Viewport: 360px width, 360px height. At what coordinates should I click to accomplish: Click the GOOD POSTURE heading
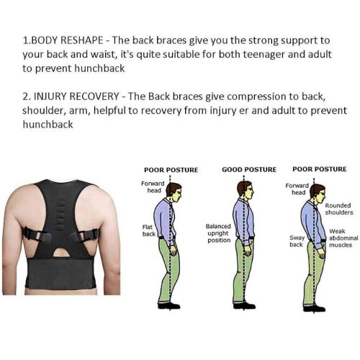[249, 170]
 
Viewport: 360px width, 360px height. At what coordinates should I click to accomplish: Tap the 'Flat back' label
[148, 230]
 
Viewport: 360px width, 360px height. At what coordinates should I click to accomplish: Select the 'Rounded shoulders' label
[339, 209]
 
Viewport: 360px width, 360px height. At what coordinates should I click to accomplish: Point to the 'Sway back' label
[297, 241]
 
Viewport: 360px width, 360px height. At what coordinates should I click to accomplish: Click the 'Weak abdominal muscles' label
[343, 238]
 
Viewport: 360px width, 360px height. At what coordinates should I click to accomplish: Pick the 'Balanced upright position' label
[218, 233]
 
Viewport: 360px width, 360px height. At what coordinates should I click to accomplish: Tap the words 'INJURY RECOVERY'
[76, 96]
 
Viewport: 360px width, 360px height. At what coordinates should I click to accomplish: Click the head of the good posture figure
[246, 189]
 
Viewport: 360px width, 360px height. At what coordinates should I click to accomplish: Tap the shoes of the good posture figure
[244, 305]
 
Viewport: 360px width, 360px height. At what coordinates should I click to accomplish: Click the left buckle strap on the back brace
[37, 235]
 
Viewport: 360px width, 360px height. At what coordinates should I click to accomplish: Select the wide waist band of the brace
[60, 274]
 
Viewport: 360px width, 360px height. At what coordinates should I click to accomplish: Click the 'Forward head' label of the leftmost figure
[153, 187]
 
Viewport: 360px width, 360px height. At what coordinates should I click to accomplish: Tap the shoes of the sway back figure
[314, 308]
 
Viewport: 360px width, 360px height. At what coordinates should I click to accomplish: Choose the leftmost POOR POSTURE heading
[171, 170]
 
